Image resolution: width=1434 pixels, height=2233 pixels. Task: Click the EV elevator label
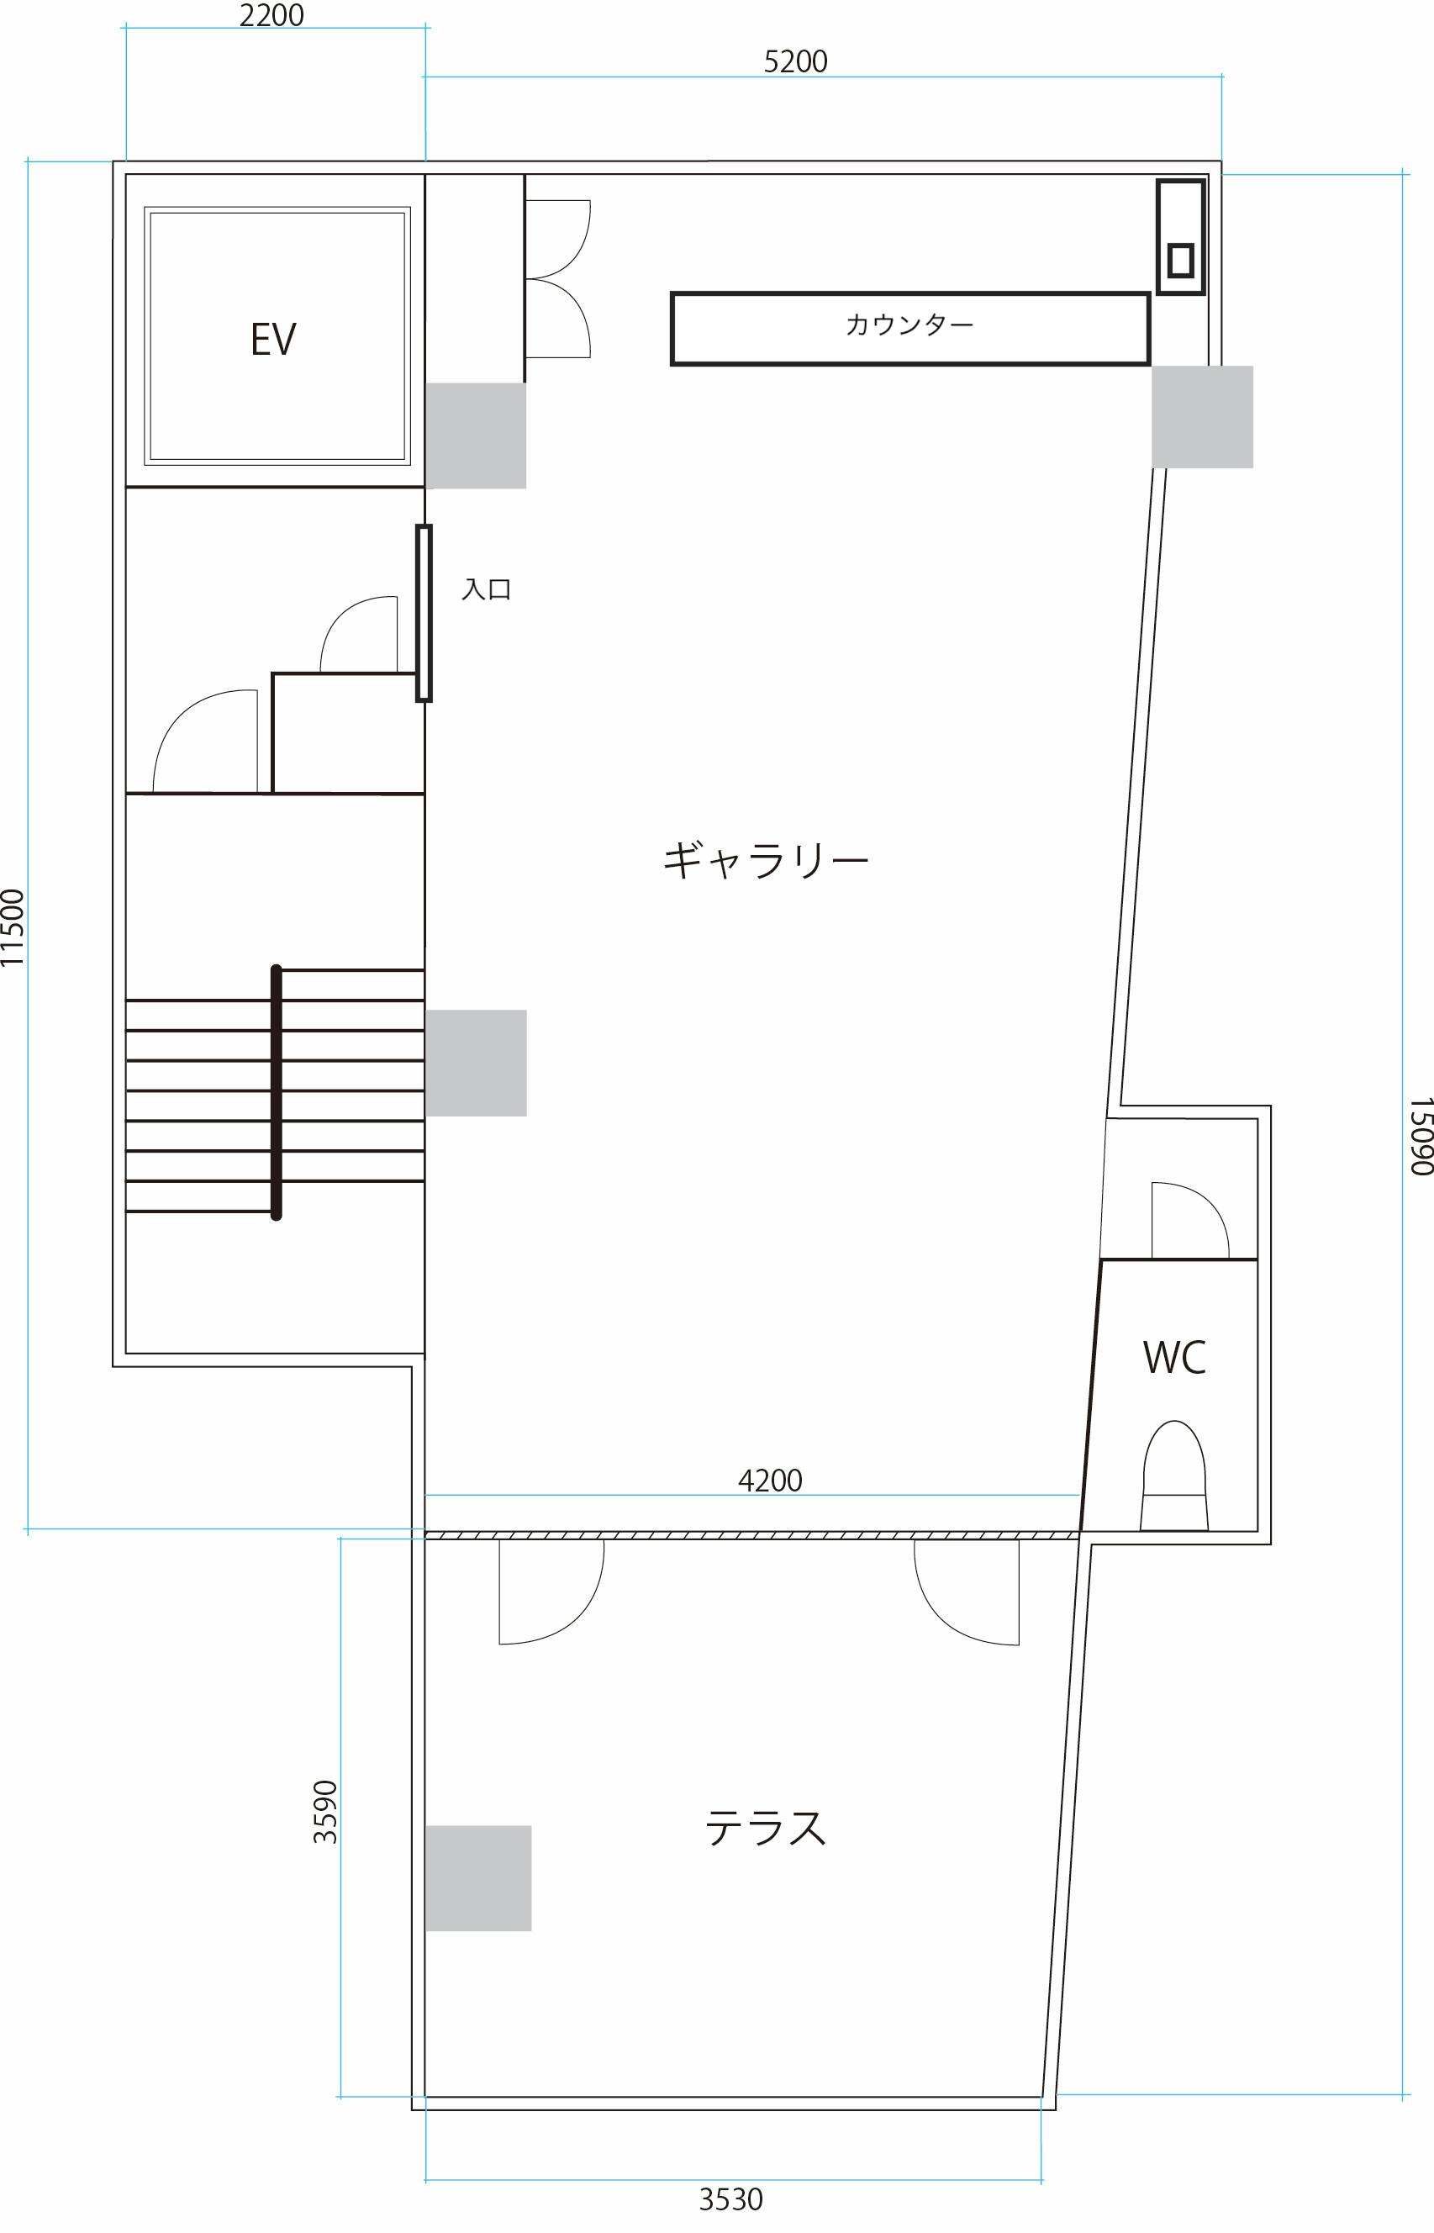(273, 339)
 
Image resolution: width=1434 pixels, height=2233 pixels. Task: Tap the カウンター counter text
(909, 325)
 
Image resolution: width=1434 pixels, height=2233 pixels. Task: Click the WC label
(1174, 1358)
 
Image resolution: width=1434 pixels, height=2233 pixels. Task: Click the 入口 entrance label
(486, 589)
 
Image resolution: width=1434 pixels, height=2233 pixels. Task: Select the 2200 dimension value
(271, 16)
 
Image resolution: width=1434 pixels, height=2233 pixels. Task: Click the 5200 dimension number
(795, 61)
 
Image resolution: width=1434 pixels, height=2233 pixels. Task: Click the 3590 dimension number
(325, 1811)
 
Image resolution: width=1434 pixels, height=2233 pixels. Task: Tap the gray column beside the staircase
(476, 1063)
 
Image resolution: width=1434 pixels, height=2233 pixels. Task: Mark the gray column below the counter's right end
(1201, 416)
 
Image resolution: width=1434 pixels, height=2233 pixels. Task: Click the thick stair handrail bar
(276, 1091)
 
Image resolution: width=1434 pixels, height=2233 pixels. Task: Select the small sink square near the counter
(1181, 260)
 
